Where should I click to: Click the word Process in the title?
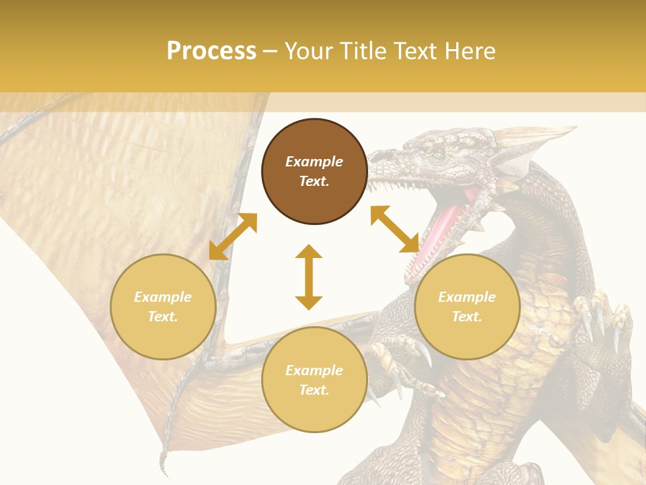pos(211,51)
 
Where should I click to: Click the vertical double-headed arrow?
pos(309,277)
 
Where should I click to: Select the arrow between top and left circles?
pos(233,236)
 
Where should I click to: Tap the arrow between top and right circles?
pos(395,229)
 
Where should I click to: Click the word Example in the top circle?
pos(314,162)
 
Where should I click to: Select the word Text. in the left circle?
pos(163,317)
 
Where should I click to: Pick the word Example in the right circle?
pos(467,297)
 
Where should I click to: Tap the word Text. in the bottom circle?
pos(314,390)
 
